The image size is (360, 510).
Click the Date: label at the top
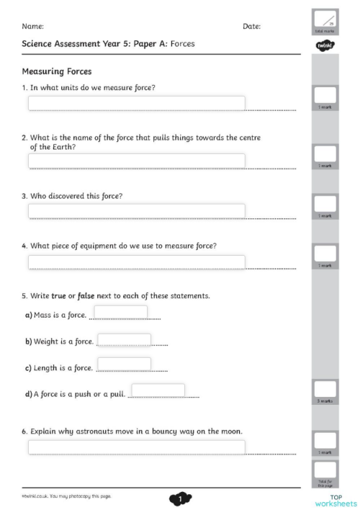point(251,26)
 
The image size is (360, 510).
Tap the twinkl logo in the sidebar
point(325,45)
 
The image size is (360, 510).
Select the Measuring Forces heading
point(56,71)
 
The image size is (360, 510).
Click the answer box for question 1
point(136,103)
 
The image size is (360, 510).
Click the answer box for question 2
point(136,161)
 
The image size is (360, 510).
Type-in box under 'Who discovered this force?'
point(136,210)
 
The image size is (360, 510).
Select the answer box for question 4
point(136,261)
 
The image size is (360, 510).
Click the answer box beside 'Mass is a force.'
point(121,312)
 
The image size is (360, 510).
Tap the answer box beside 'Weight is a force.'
point(124,340)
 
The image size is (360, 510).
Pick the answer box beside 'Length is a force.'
point(124,364)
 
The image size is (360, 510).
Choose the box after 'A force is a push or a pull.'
point(158,390)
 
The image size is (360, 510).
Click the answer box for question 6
point(136,447)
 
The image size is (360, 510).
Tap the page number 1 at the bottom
point(180,498)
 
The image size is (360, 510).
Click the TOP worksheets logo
point(336,500)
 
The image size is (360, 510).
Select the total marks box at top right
point(325,22)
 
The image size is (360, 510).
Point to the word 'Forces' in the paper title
point(177,44)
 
